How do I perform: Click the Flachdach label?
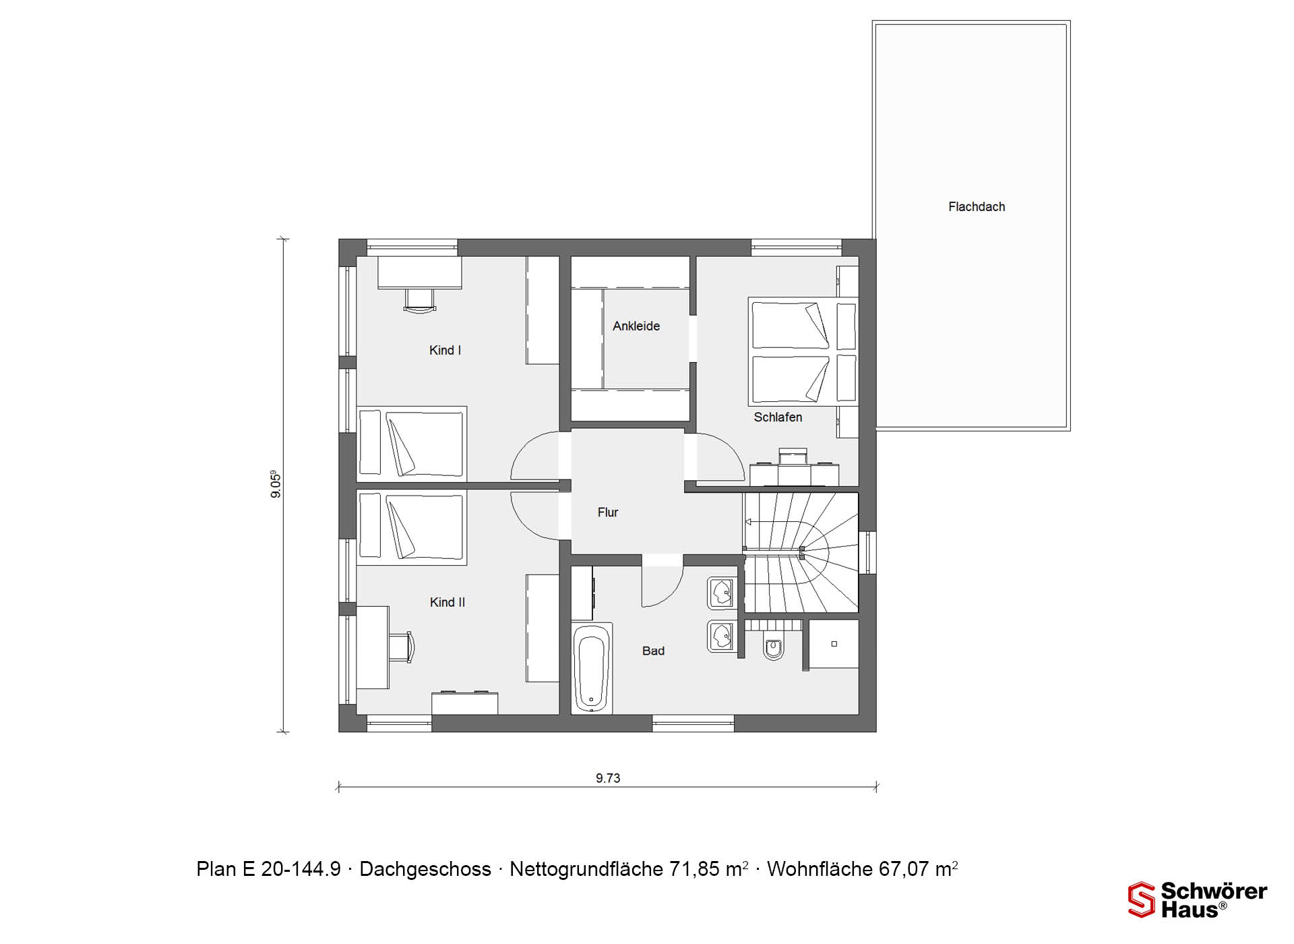click(977, 207)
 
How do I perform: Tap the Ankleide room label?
click(636, 326)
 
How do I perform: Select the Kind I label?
click(445, 351)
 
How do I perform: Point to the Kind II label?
click(448, 603)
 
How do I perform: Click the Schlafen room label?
click(778, 417)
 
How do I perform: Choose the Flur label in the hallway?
click(608, 512)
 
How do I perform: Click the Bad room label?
click(653, 651)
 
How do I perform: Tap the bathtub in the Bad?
click(592, 668)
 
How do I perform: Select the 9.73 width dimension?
click(608, 778)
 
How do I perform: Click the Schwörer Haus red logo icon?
click(1142, 900)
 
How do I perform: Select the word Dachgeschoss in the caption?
click(425, 870)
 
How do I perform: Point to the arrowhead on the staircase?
click(747, 522)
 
